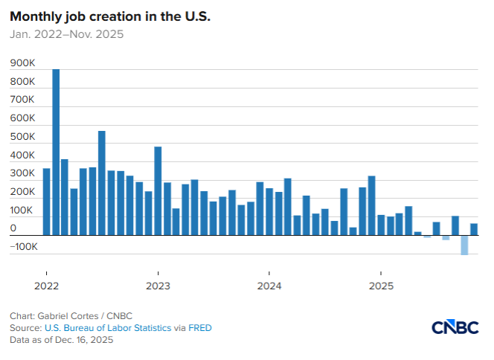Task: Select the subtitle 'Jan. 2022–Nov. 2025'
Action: tap(66, 34)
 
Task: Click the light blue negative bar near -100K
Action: tap(464, 245)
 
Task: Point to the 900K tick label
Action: tap(22, 64)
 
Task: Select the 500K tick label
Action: tap(22, 137)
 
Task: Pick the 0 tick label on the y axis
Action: tap(13, 228)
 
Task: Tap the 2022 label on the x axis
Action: tap(46, 286)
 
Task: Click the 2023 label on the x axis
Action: tap(158, 286)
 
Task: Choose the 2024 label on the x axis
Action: tap(269, 286)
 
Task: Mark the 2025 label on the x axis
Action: tap(381, 286)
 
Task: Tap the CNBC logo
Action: tap(455, 328)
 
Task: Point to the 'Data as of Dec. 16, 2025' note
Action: tap(61, 340)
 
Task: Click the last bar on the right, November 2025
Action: tap(474, 229)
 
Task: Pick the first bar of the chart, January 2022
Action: tap(46, 202)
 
